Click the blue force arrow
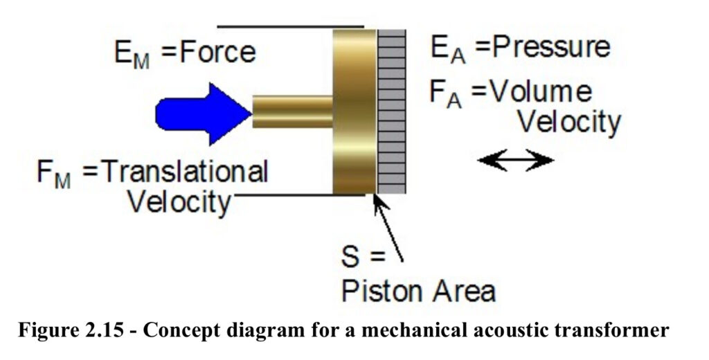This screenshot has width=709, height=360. [204, 114]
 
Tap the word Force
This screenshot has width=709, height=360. [217, 53]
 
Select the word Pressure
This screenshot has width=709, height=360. [551, 48]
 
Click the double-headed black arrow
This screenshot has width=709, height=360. [515, 160]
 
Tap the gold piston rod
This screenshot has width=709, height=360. [293, 111]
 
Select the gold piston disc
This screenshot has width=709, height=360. [354, 111]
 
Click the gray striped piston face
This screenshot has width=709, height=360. [391, 111]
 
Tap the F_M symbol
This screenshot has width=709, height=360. [54, 174]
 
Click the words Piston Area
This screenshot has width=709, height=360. [419, 291]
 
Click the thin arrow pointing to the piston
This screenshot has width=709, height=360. [388, 228]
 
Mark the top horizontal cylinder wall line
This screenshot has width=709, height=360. [290, 27]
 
